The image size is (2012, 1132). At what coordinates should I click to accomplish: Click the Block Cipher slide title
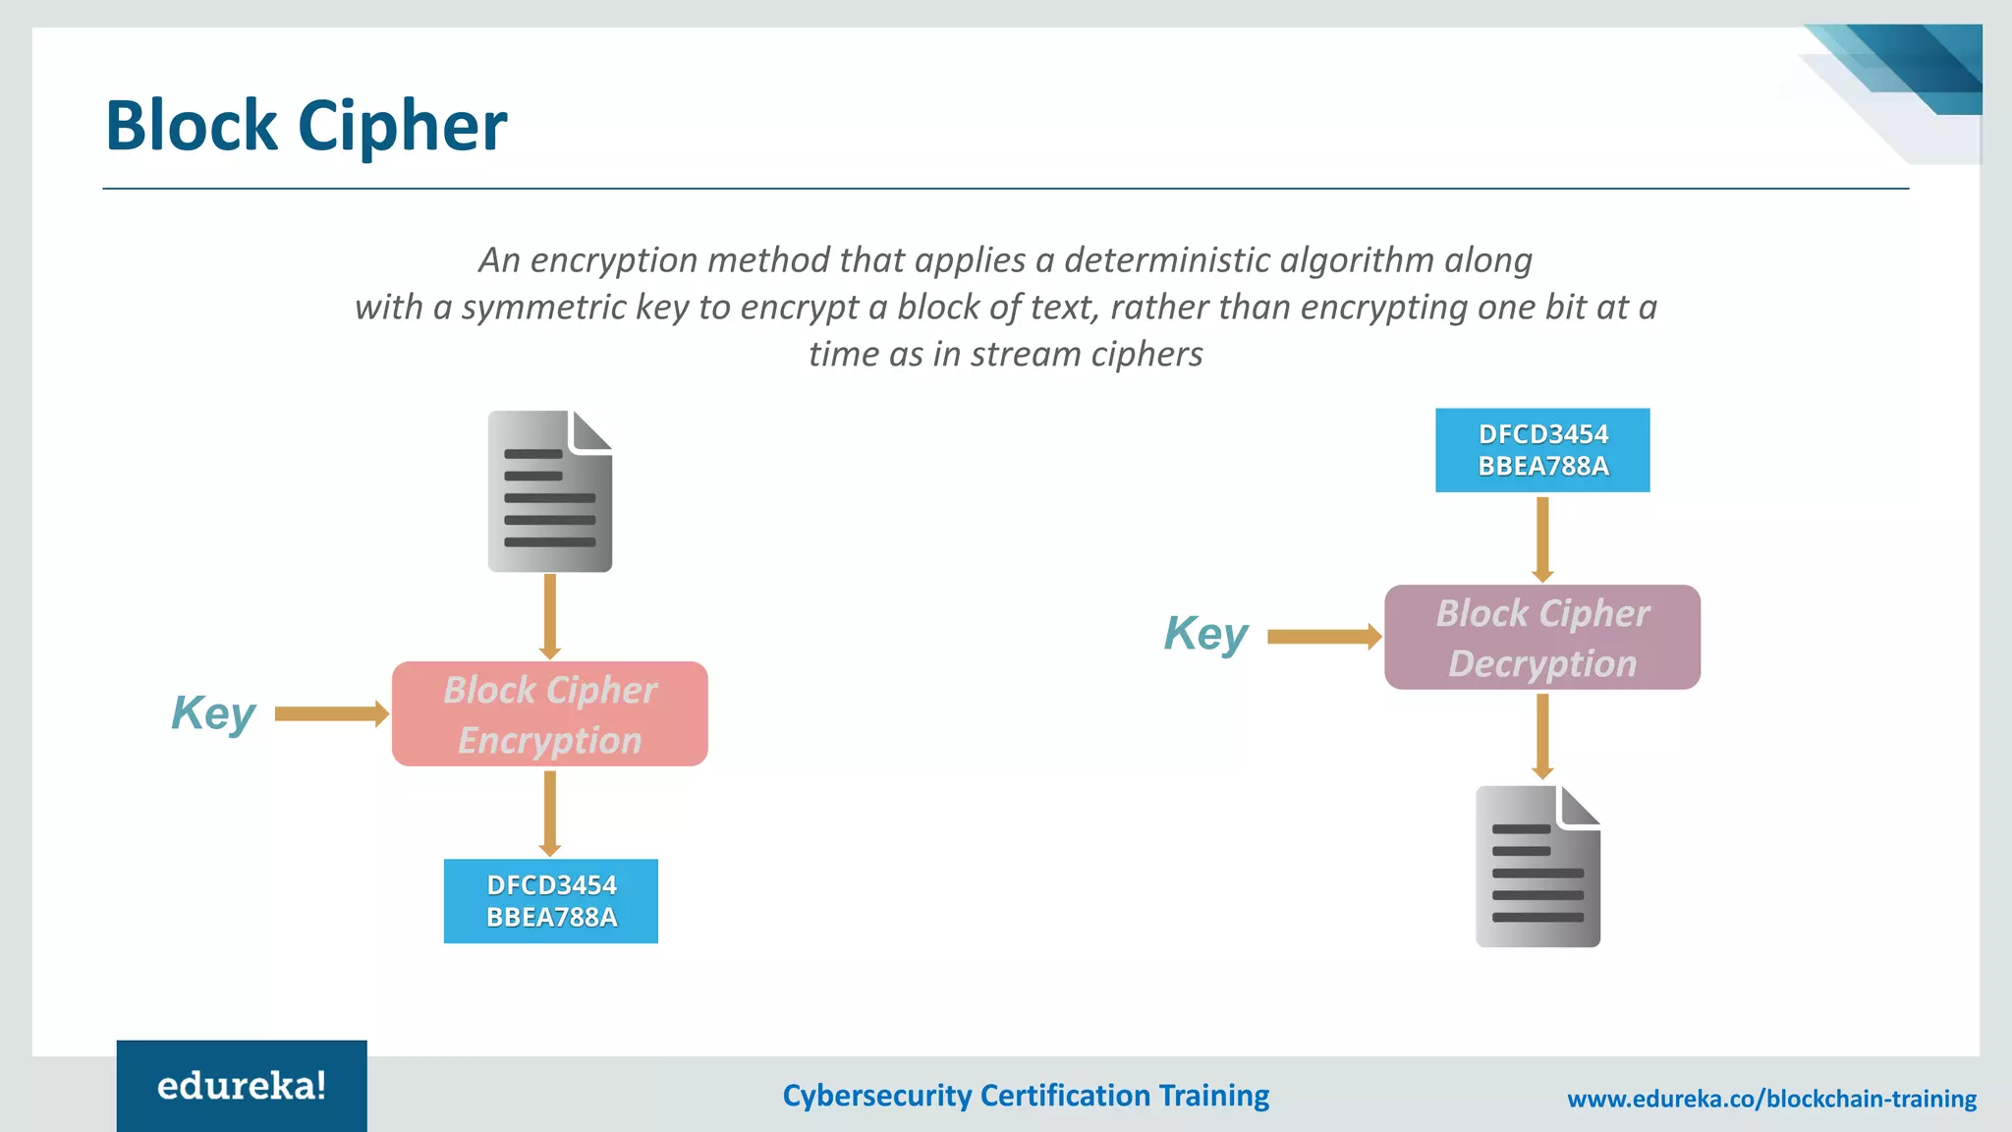pos(306,126)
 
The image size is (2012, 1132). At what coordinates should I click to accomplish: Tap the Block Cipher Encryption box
pos(549,714)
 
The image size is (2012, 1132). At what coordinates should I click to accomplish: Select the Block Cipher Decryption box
pos(1541,638)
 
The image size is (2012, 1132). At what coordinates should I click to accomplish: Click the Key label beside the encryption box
pos(213,713)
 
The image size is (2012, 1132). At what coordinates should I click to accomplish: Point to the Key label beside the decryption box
pos(1205,635)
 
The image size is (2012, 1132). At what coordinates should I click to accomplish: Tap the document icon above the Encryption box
pos(549,491)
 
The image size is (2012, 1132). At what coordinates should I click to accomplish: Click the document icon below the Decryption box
pos(1537,867)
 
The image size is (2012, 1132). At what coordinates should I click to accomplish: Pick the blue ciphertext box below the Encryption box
pos(550,901)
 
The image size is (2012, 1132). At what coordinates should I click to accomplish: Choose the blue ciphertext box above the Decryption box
pos(1542,450)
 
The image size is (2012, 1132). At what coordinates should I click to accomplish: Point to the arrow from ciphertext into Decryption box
pos(1542,538)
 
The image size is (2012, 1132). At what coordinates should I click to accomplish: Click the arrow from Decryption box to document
pos(1542,736)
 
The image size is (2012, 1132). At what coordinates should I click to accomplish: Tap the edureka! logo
pos(242,1086)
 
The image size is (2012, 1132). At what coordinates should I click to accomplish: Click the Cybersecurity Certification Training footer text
pos(1026,1096)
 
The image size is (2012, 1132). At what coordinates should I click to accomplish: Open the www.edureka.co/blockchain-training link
pos(1771,1099)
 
